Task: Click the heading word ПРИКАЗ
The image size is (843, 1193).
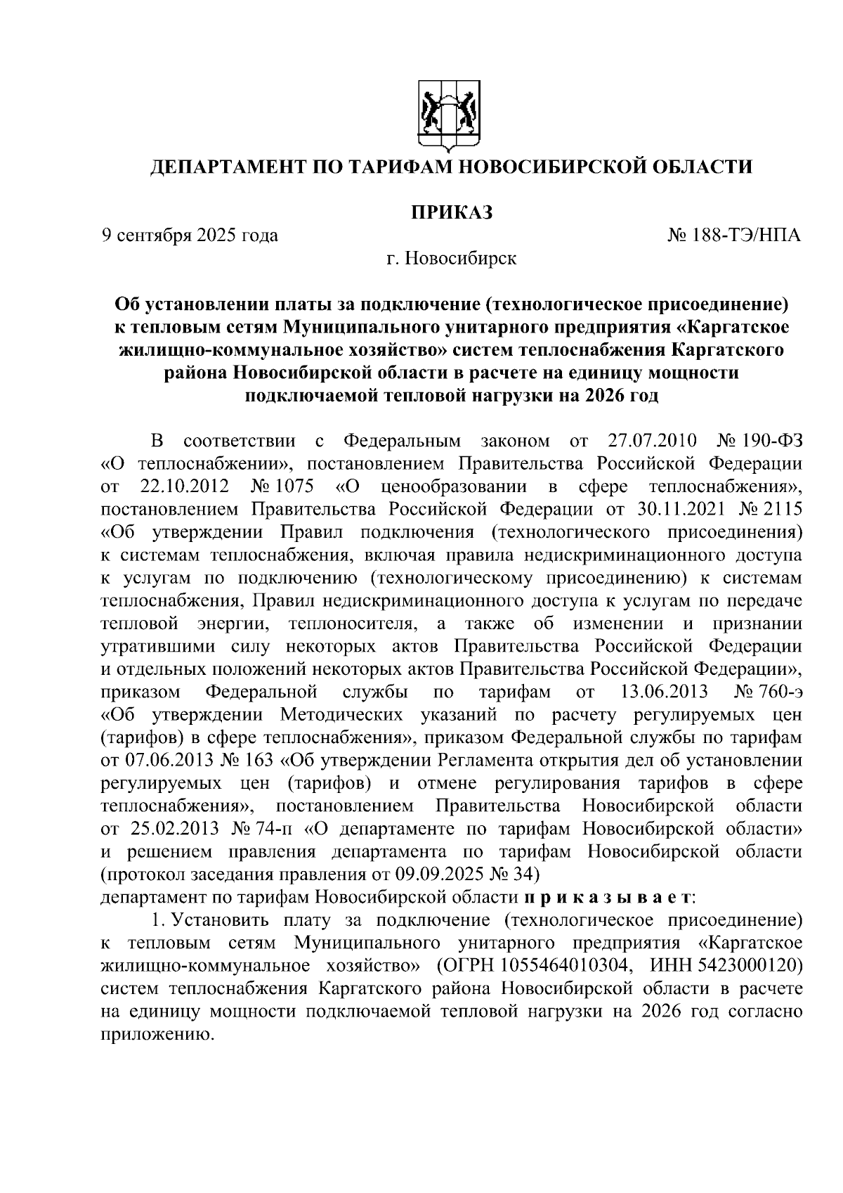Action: tap(451, 212)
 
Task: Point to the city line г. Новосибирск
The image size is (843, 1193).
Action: tap(451, 259)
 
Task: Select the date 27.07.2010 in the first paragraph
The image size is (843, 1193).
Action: tap(650, 441)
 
